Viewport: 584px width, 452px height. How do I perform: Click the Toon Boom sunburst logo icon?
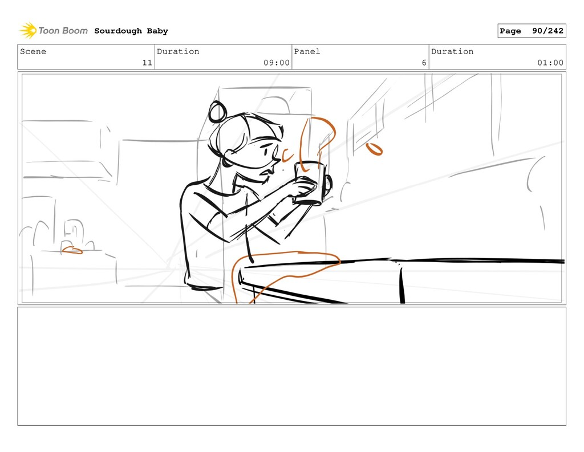click(28, 30)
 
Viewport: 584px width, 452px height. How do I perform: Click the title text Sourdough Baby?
click(131, 31)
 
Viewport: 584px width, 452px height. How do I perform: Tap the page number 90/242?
click(547, 31)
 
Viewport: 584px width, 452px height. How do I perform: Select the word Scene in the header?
click(33, 51)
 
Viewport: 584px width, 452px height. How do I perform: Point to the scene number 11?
click(147, 63)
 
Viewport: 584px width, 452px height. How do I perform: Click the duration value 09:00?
click(277, 63)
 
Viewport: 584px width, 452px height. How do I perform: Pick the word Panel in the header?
click(307, 51)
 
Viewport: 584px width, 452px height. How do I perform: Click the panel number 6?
click(424, 63)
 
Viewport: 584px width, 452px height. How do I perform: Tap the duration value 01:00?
click(550, 63)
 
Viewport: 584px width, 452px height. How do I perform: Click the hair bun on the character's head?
click(217, 112)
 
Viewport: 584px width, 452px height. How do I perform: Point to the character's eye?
click(266, 151)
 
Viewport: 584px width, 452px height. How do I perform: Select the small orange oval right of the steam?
click(374, 149)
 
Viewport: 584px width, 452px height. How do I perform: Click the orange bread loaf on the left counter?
click(72, 250)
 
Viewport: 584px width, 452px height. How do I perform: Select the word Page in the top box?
click(510, 31)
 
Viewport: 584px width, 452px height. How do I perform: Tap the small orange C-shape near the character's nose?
click(287, 155)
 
